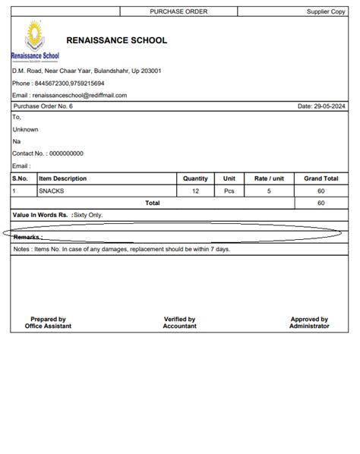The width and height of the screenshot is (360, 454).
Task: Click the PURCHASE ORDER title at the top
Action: pyautogui.click(x=178, y=11)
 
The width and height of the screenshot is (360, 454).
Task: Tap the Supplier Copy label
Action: pyautogui.click(x=326, y=11)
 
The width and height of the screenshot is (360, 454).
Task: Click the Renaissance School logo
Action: pyautogui.click(x=35, y=41)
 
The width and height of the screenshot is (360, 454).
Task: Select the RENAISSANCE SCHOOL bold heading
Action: pyautogui.click(x=117, y=40)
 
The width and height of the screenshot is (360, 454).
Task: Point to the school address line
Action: pyautogui.click(x=87, y=71)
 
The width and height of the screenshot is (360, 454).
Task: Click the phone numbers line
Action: pyautogui.click(x=58, y=83)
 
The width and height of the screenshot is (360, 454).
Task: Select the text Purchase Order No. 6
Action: pyautogui.click(x=43, y=106)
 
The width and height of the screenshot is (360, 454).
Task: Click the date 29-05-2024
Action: pyautogui.click(x=322, y=106)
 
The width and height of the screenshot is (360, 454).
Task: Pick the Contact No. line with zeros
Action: pyautogui.click(x=48, y=153)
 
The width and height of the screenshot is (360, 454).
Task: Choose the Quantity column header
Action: pyautogui.click(x=196, y=178)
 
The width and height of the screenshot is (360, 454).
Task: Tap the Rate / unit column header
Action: pyautogui.click(x=269, y=178)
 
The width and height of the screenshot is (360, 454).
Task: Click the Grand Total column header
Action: pyautogui.click(x=321, y=178)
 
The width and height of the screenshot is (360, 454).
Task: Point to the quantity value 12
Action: pyautogui.click(x=196, y=191)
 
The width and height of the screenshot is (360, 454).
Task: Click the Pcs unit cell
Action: pyautogui.click(x=229, y=191)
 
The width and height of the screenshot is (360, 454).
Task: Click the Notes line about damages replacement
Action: pyautogui.click(x=122, y=248)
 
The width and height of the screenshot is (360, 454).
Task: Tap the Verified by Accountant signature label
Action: pyautogui.click(x=180, y=323)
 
